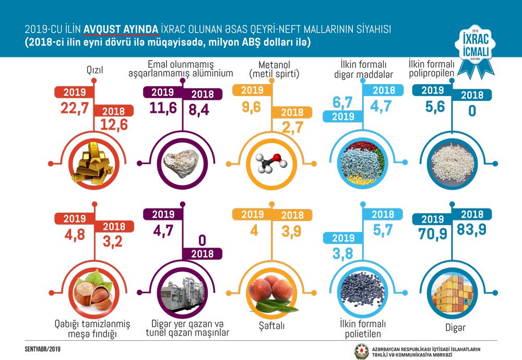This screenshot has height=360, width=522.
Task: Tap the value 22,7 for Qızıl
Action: coord(72,108)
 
